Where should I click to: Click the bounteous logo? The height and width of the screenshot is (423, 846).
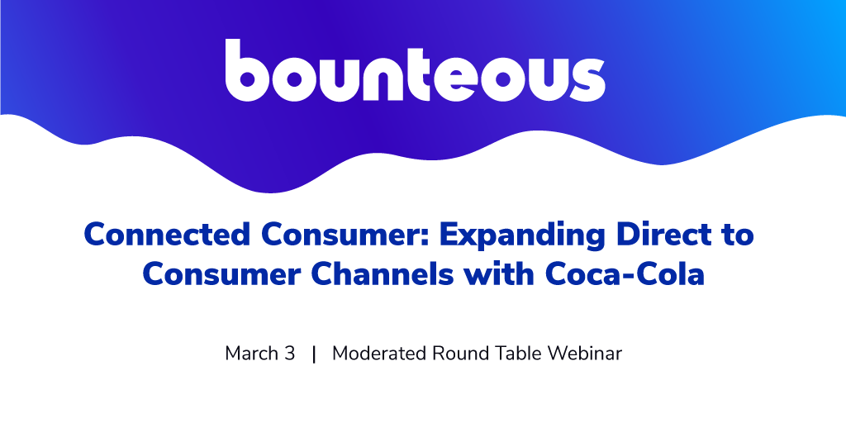point(415,70)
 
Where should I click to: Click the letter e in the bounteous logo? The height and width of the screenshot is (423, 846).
point(461,78)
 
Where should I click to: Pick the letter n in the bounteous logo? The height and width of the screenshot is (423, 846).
point(387,78)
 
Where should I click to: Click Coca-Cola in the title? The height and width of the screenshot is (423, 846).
point(625,274)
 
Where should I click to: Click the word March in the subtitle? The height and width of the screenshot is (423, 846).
point(251,354)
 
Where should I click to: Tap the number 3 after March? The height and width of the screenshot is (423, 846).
point(290,354)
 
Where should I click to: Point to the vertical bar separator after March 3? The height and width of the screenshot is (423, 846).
point(314,354)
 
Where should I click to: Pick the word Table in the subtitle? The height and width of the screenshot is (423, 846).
point(516,354)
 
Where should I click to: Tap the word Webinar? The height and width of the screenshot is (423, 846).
point(585,354)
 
